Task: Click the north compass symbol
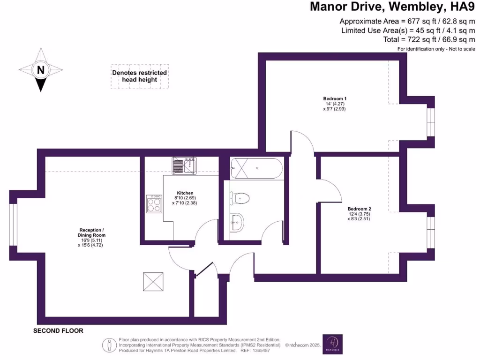click(x=41, y=70)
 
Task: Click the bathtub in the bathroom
click(x=256, y=169)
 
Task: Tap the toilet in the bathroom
click(x=240, y=198)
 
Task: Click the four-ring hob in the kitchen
click(x=154, y=204)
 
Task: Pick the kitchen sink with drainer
click(x=184, y=166)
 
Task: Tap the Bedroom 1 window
click(x=430, y=122)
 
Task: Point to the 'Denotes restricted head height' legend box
click(x=139, y=76)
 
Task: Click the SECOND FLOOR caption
click(x=58, y=331)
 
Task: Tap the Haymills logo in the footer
click(x=332, y=345)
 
